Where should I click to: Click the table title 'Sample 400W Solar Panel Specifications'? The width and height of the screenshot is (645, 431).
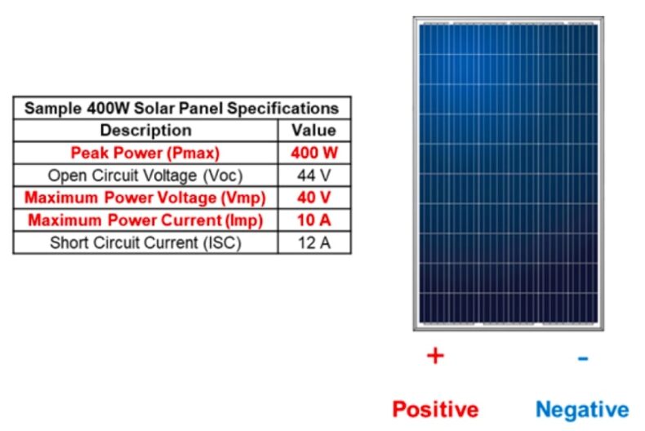(181, 108)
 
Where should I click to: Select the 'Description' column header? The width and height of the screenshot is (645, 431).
(145, 130)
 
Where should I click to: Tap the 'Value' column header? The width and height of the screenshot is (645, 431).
(314, 130)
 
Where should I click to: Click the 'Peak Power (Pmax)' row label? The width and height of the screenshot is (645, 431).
(145, 153)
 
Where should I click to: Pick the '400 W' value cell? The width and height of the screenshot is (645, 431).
(314, 153)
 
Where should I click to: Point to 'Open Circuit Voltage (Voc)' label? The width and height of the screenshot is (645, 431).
(145, 175)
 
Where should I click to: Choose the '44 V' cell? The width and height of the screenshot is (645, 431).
(314, 175)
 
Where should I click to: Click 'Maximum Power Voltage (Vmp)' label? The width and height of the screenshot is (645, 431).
(145, 198)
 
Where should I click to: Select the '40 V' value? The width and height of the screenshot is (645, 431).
(314, 198)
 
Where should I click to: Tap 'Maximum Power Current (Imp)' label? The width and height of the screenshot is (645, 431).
(145, 220)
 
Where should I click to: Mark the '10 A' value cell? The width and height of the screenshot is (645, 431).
(314, 220)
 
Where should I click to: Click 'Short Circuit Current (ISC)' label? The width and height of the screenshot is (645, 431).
(145, 242)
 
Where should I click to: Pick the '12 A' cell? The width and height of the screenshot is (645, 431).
(314, 242)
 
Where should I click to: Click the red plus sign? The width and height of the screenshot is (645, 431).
(435, 356)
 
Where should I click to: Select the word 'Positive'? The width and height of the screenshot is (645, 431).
(435, 408)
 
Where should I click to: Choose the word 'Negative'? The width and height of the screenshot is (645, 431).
(582, 408)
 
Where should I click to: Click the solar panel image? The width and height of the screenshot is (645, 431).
(508, 173)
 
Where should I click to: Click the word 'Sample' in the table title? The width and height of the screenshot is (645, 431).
(47, 108)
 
